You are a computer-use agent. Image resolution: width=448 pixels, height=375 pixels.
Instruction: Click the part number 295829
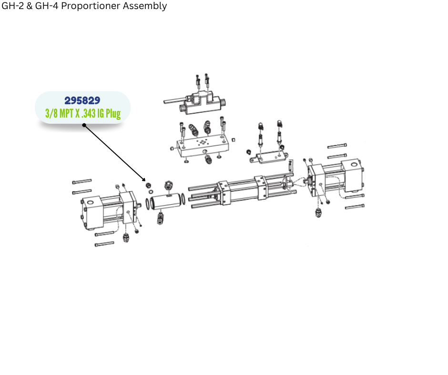(x=82, y=100)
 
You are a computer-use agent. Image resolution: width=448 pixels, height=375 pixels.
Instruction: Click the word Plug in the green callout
(x=113, y=114)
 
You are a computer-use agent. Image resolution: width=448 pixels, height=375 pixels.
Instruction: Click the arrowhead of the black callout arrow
(x=144, y=179)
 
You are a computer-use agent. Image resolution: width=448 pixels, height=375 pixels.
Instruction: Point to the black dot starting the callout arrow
(x=84, y=125)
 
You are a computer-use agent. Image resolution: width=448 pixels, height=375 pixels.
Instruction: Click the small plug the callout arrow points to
(x=148, y=186)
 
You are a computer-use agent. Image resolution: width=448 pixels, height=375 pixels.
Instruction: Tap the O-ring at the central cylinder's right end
(x=183, y=198)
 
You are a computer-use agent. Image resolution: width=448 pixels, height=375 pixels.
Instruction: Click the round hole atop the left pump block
(x=90, y=203)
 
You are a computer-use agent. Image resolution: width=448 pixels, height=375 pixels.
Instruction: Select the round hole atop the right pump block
(x=354, y=165)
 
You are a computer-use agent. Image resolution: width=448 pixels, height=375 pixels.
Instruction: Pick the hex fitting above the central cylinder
(x=169, y=186)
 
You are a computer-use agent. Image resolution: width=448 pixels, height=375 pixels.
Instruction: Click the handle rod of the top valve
(x=175, y=100)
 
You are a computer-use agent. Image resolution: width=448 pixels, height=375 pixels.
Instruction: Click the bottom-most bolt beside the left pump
(x=104, y=244)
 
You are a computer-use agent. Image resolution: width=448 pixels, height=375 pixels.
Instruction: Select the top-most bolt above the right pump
(x=337, y=146)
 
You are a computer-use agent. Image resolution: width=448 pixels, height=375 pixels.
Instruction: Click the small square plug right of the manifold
(x=233, y=139)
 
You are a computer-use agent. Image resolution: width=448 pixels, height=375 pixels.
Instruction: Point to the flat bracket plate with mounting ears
(x=269, y=157)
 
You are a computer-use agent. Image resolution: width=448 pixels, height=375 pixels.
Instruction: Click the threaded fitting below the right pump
(x=318, y=213)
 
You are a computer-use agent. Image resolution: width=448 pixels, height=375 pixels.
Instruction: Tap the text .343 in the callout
(x=88, y=113)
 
